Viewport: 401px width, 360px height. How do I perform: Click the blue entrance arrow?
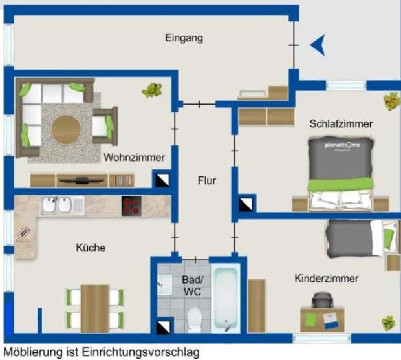317,45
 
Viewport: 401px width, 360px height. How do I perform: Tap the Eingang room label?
184,38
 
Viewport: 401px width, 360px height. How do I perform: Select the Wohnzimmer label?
134,157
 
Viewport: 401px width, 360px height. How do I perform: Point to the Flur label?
206,181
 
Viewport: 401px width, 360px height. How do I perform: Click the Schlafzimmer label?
340,123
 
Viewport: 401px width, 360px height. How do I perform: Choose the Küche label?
91,248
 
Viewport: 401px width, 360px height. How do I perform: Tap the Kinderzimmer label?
327,279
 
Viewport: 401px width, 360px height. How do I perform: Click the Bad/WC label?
191,286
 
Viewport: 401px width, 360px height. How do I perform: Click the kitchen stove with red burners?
131,206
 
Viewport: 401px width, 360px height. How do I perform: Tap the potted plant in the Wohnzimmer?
152,89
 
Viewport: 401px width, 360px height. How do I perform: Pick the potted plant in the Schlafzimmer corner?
391,101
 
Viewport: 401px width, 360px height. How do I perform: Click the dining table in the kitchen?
94,307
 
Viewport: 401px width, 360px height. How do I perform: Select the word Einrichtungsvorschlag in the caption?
133,353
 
